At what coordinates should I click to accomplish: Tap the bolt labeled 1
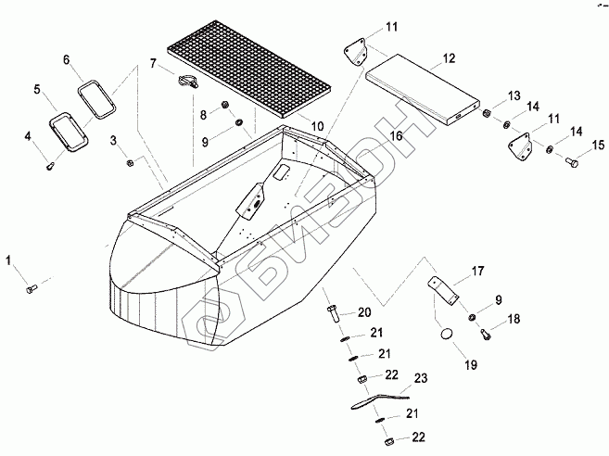click(x=31, y=290)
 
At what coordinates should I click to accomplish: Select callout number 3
click(x=114, y=141)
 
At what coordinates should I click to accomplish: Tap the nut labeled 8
click(x=225, y=104)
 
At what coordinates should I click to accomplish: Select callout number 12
click(x=450, y=57)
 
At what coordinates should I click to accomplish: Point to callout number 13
click(x=514, y=95)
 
